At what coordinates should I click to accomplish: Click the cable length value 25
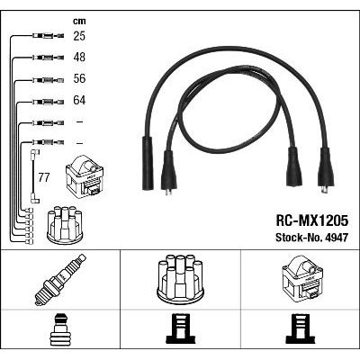79,36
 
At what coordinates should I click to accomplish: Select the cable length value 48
79,57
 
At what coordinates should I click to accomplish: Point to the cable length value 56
79,78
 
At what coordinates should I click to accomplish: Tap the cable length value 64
79,100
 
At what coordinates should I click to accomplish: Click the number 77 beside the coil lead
44,178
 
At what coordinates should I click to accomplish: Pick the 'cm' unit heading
79,21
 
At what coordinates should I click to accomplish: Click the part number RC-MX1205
312,220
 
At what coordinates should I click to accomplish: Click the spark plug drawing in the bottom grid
60,280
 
